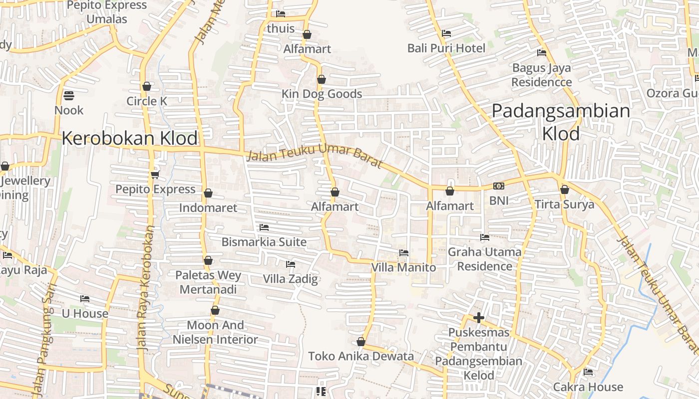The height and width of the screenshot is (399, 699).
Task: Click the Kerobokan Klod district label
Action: click(130, 138)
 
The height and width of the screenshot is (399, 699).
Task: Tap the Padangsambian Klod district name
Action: click(561, 122)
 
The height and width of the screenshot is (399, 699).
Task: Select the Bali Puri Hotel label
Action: click(446, 48)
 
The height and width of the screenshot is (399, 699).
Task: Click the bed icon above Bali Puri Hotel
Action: click(446, 33)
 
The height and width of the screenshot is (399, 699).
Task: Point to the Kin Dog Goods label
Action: click(322, 94)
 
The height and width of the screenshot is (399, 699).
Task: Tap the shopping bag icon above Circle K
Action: click(146, 86)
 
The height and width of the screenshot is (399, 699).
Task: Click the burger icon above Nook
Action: click(69, 95)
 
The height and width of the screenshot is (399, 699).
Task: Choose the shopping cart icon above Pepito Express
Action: click(155, 174)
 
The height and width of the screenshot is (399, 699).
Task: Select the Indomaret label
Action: click(208, 207)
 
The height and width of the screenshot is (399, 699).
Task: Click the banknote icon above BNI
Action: click(498, 186)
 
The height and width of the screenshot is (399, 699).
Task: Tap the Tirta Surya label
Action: click(564, 204)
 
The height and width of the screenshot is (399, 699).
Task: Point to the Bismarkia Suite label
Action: click(264, 242)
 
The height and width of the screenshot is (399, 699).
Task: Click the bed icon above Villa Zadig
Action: click(290, 264)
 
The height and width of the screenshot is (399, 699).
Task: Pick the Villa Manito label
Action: click(403, 267)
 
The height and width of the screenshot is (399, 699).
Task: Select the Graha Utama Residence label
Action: click(484, 259)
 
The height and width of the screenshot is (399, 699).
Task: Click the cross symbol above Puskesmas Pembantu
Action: click(478, 317)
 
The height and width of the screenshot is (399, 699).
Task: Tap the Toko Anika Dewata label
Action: click(360, 356)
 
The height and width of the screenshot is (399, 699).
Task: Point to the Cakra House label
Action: click(588, 387)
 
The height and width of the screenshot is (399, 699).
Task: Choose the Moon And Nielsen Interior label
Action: click(215, 332)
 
